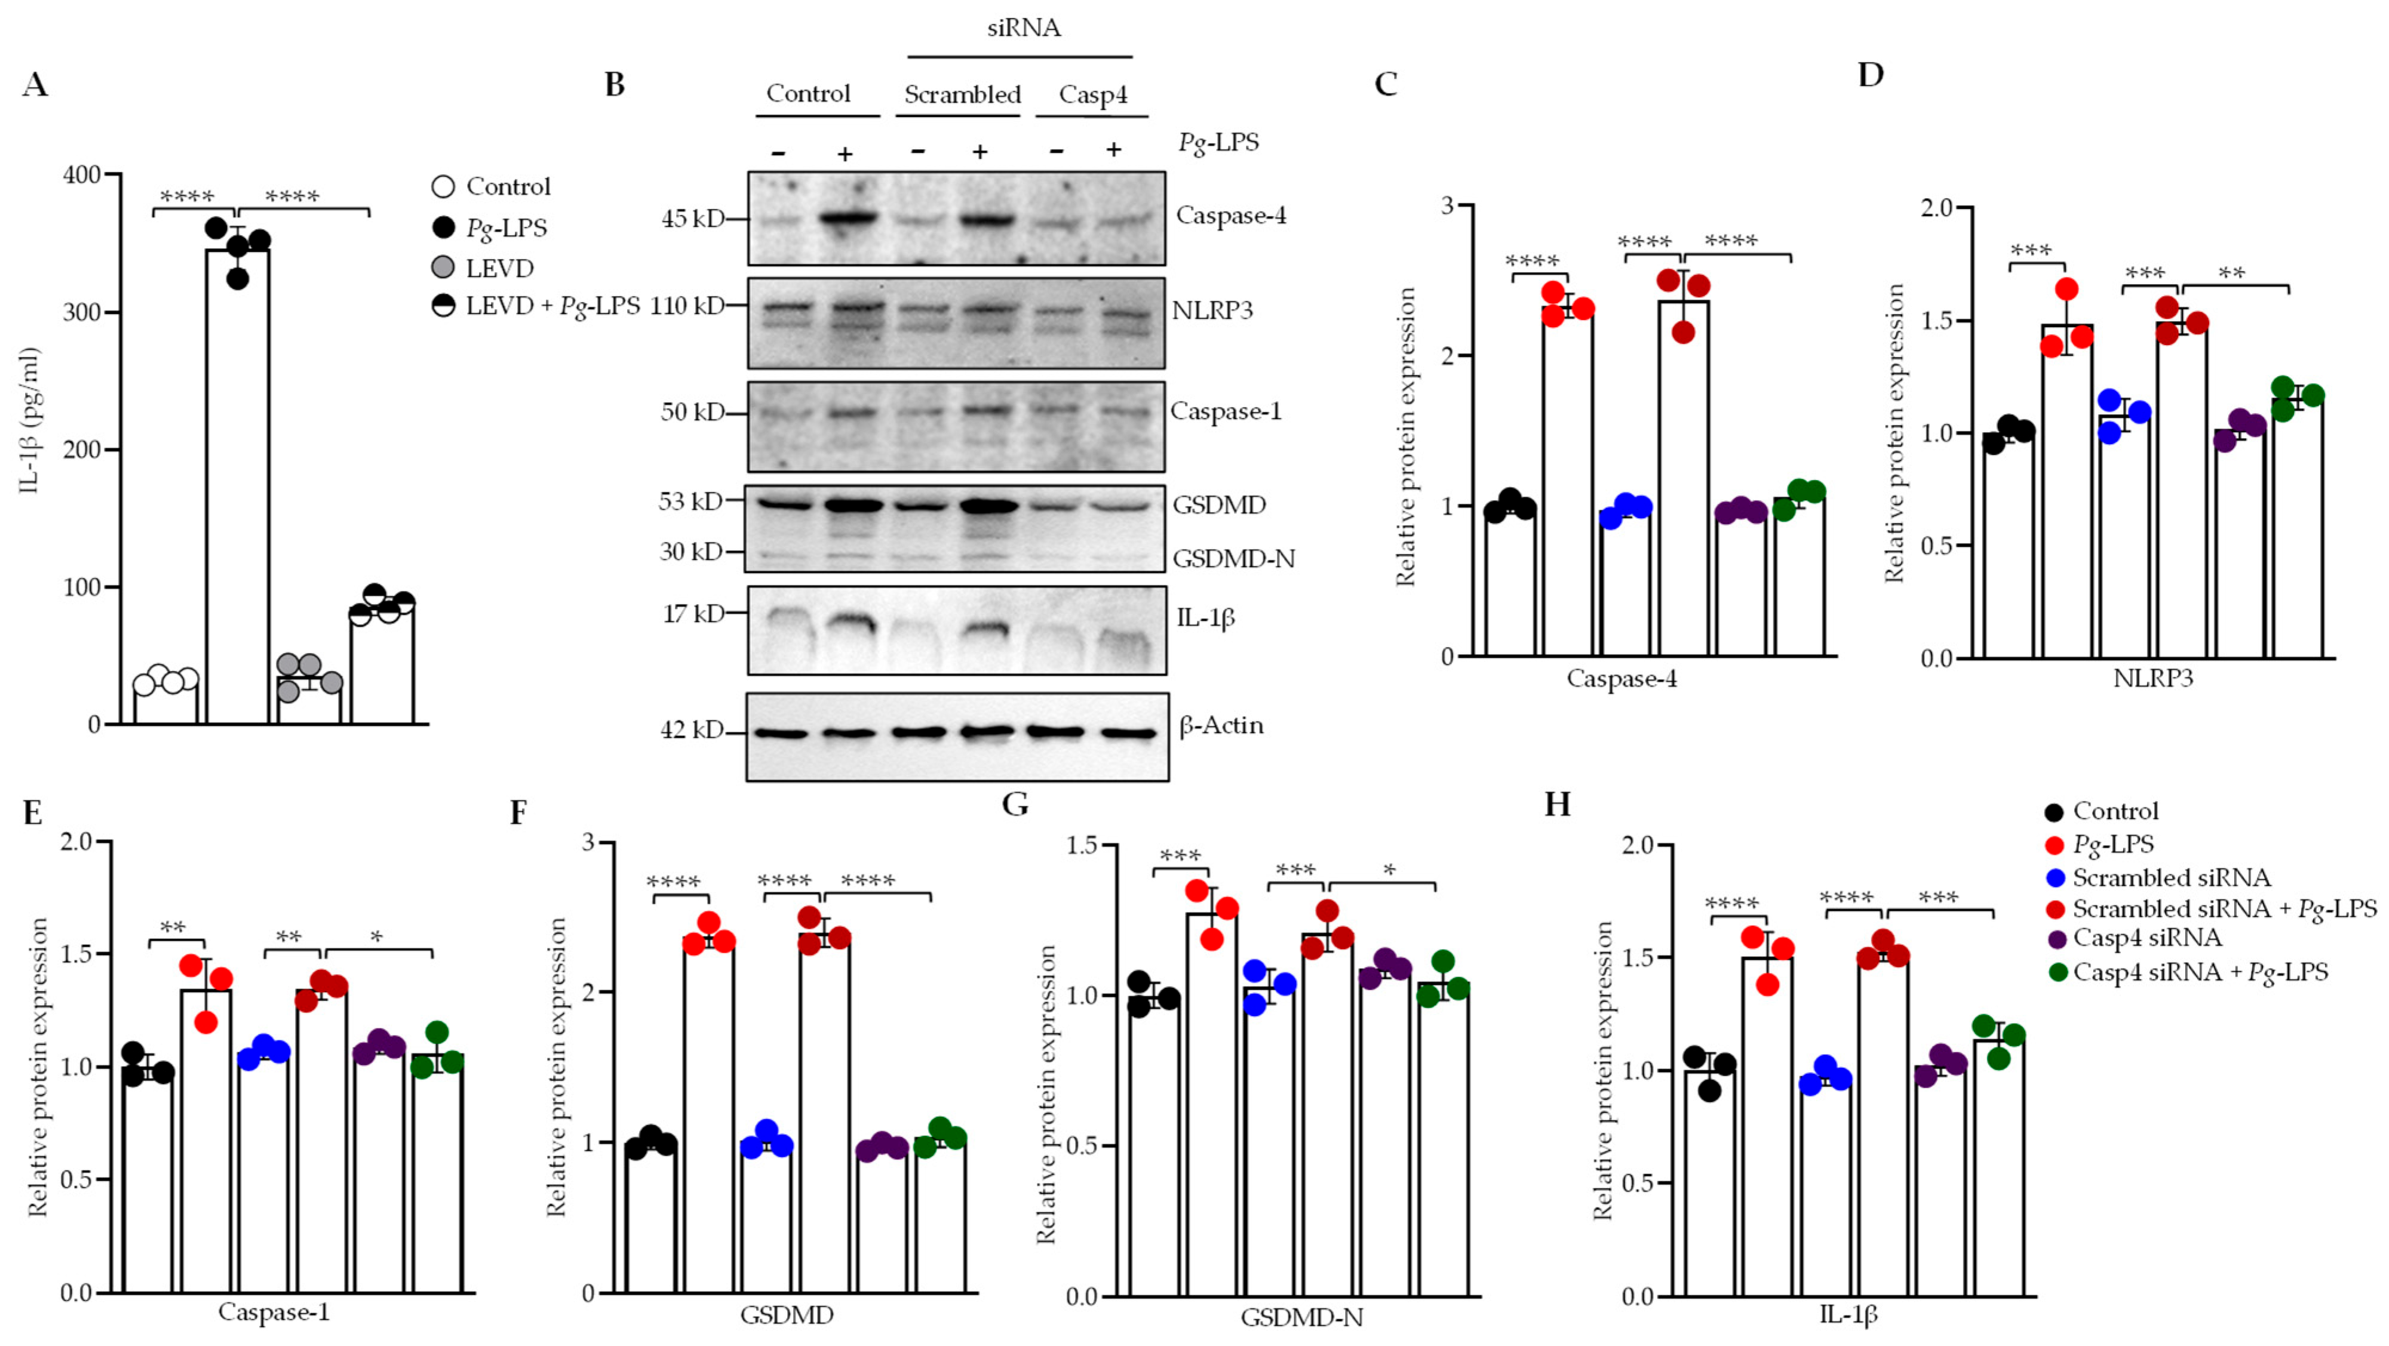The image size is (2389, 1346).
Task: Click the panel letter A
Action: (x=35, y=85)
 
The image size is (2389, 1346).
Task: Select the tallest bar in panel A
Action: (x=238, y=482)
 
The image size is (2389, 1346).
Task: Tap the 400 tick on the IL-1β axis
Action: (x=84, y=174)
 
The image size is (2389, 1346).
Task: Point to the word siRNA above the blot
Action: (x=1023, y=28)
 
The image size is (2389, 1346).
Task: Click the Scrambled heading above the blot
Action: (x=962, y=94)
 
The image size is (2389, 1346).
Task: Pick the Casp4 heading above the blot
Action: (x=1092, y=94)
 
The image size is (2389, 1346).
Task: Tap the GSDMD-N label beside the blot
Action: (x=1233, y=559)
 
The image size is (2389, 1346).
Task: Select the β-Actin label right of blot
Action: (x=1221, y=725)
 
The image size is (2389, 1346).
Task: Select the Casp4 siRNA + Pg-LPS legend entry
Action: (x=2200, y=972)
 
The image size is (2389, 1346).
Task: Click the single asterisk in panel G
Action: (x=1389, y=870)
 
